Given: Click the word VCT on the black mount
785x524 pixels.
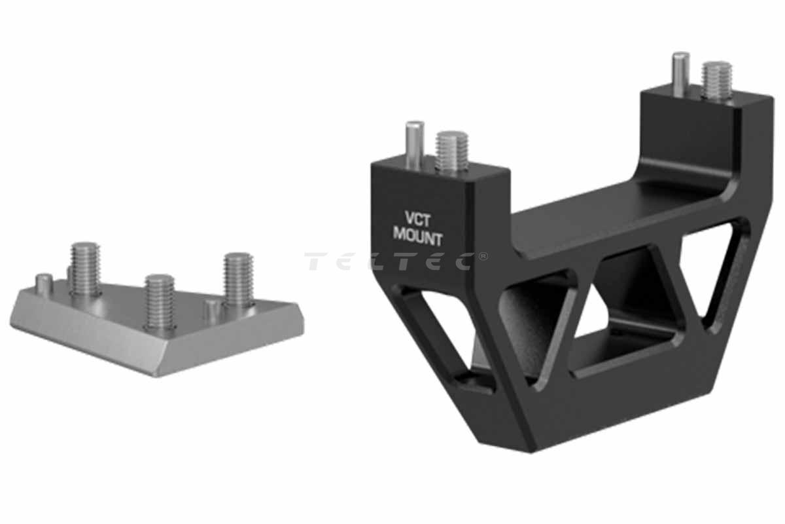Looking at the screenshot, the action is [417, 219].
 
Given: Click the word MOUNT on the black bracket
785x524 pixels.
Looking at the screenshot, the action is [418, 237].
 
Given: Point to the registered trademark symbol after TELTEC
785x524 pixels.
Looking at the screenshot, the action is [483, 257].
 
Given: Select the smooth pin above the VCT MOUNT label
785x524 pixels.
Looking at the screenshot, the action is [415, 145].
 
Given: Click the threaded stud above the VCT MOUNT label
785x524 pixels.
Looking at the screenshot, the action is [452, 151].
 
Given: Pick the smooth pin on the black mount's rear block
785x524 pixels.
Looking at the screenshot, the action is [680, 75].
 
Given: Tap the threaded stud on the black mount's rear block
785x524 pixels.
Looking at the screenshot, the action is [717, 81].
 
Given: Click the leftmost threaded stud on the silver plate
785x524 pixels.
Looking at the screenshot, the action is [85, 269].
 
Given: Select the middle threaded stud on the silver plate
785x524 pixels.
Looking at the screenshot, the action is [160, 302].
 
